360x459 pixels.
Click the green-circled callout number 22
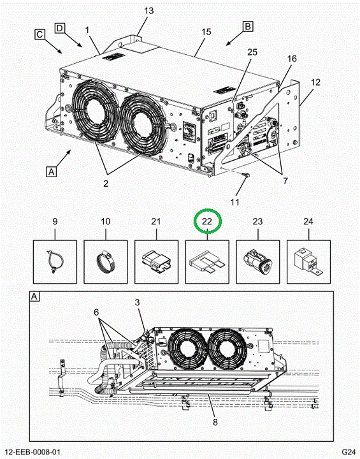(x=206, y=222)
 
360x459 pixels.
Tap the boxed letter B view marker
(x=248, y=26)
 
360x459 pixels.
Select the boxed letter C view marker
(x=40, y=34)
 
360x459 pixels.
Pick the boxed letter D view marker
(x=59, y=28)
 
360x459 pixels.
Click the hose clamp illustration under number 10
(x=106, y=261)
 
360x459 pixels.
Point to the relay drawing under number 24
(x=308, y=261)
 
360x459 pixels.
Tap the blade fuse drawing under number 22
(x=208, y=262)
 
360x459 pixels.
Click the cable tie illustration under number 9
(x=55, y=261)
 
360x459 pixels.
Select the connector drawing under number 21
(x=156, y=262)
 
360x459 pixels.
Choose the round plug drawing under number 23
(x=257, y=261)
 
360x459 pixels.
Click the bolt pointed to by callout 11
(x=245, y=175)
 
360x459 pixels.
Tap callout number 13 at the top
(x=148, y=11)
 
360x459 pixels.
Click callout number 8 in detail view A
(x=215, y=422)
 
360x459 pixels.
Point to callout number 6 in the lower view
(x=96, y=312)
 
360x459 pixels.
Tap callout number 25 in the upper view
(x=252, y=52)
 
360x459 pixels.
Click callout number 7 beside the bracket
(x=285, y=180)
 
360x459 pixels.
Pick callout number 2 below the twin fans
(x=106, y=184)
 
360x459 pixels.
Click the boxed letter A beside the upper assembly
(x=51, y=171)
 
